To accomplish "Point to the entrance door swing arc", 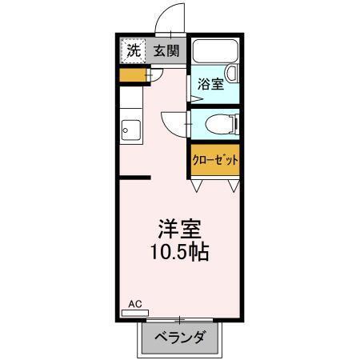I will (x=167, y=18).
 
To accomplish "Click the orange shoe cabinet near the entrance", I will (x=132, y=77).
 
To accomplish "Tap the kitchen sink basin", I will (x=130, y=128).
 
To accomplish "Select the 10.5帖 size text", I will (x=179, y=253).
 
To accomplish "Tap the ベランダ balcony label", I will (x=178, y=337).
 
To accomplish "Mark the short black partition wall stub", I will (x=135, y=178).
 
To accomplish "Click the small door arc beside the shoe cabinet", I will (x=157, y=74).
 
